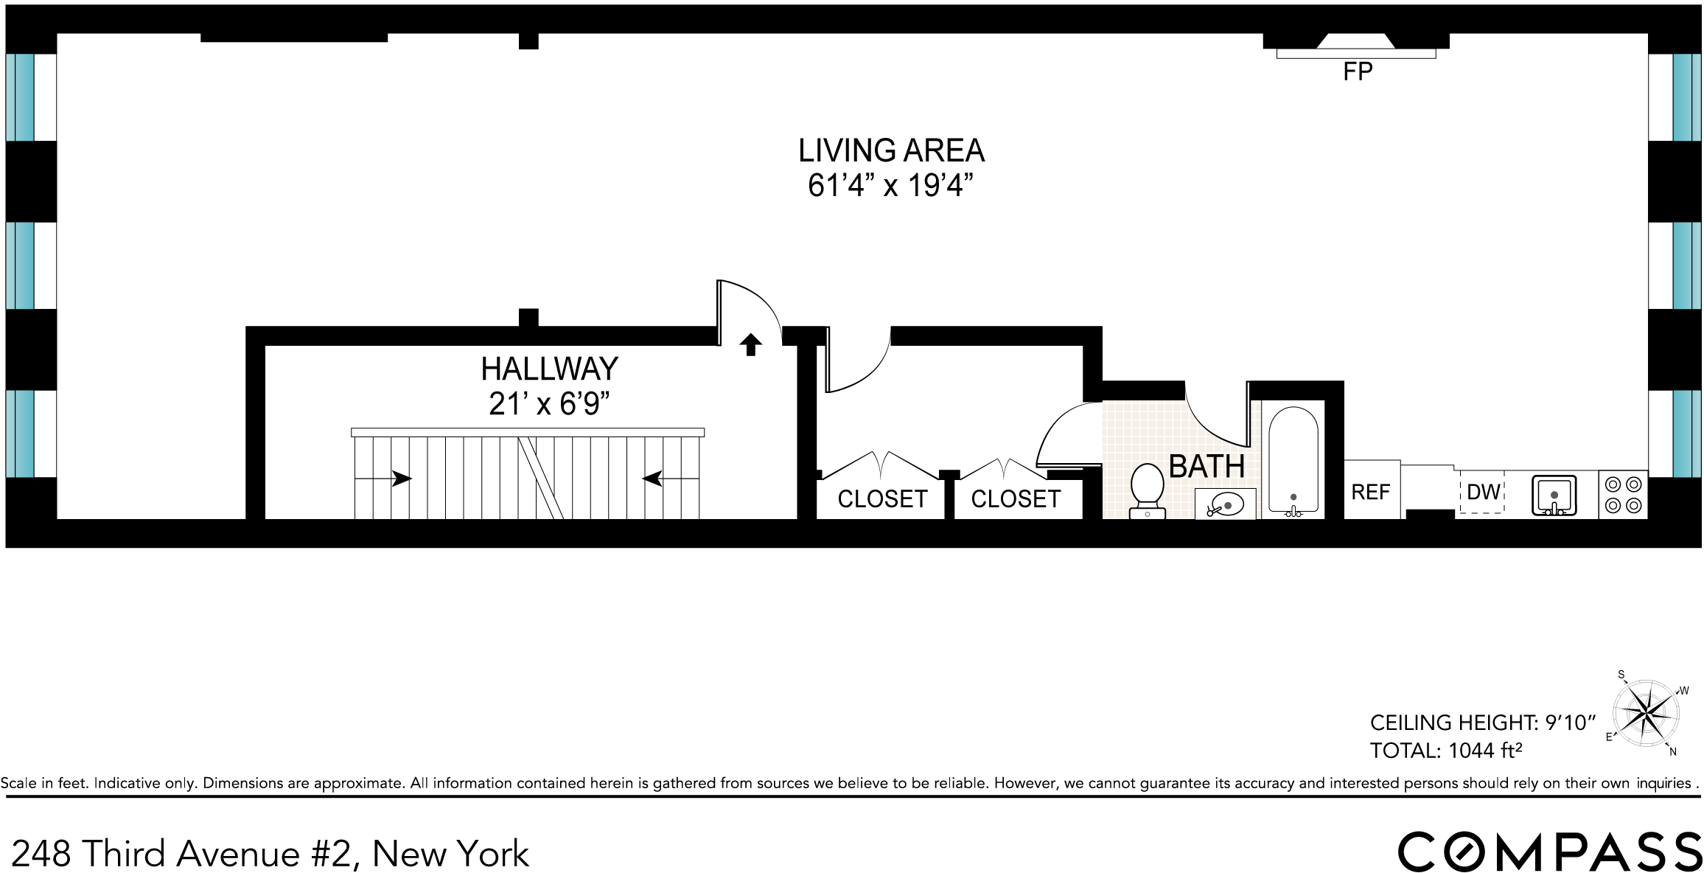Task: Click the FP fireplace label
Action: point(1357,72)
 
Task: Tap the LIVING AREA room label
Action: point(891,150)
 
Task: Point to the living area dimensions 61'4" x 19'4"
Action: point(890,185)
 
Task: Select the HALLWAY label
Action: point(549,369)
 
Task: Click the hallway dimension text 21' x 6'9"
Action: point(549,403)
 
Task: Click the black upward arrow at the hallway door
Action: point(750,344)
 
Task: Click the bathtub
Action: point(1293,460)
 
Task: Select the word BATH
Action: point(1207,466)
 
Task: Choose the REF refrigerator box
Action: point(1371,491)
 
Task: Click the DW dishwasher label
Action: point(1483,492)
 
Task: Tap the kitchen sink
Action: point(1554,495)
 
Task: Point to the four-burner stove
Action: point(1624,495)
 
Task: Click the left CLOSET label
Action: point(882,499)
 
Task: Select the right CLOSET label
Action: point(1016,499)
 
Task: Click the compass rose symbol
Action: point(1646,714)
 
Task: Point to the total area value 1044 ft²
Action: point(1484,751)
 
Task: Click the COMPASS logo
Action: point(1549,852)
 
